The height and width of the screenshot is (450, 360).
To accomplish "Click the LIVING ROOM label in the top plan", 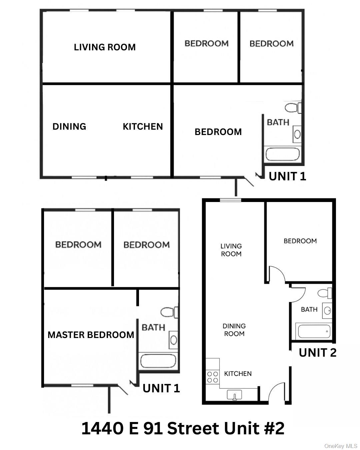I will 105,47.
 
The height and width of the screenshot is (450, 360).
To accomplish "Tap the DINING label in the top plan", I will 69,126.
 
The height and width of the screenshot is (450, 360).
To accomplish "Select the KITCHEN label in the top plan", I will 143,126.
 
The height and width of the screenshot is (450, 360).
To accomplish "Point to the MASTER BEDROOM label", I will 91,335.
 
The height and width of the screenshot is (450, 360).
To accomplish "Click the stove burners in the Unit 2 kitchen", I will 213,377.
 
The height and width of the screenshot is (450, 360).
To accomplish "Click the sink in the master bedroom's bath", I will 173,340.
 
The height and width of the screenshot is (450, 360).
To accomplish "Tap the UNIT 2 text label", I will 317,352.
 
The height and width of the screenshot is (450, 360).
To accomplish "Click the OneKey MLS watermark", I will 341,446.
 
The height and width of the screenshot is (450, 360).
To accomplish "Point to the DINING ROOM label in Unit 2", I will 234,330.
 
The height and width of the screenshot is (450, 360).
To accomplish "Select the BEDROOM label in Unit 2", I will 300,241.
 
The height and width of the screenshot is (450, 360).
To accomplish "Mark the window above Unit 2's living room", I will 230,200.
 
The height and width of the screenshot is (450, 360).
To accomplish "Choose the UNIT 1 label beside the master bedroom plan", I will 161,388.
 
